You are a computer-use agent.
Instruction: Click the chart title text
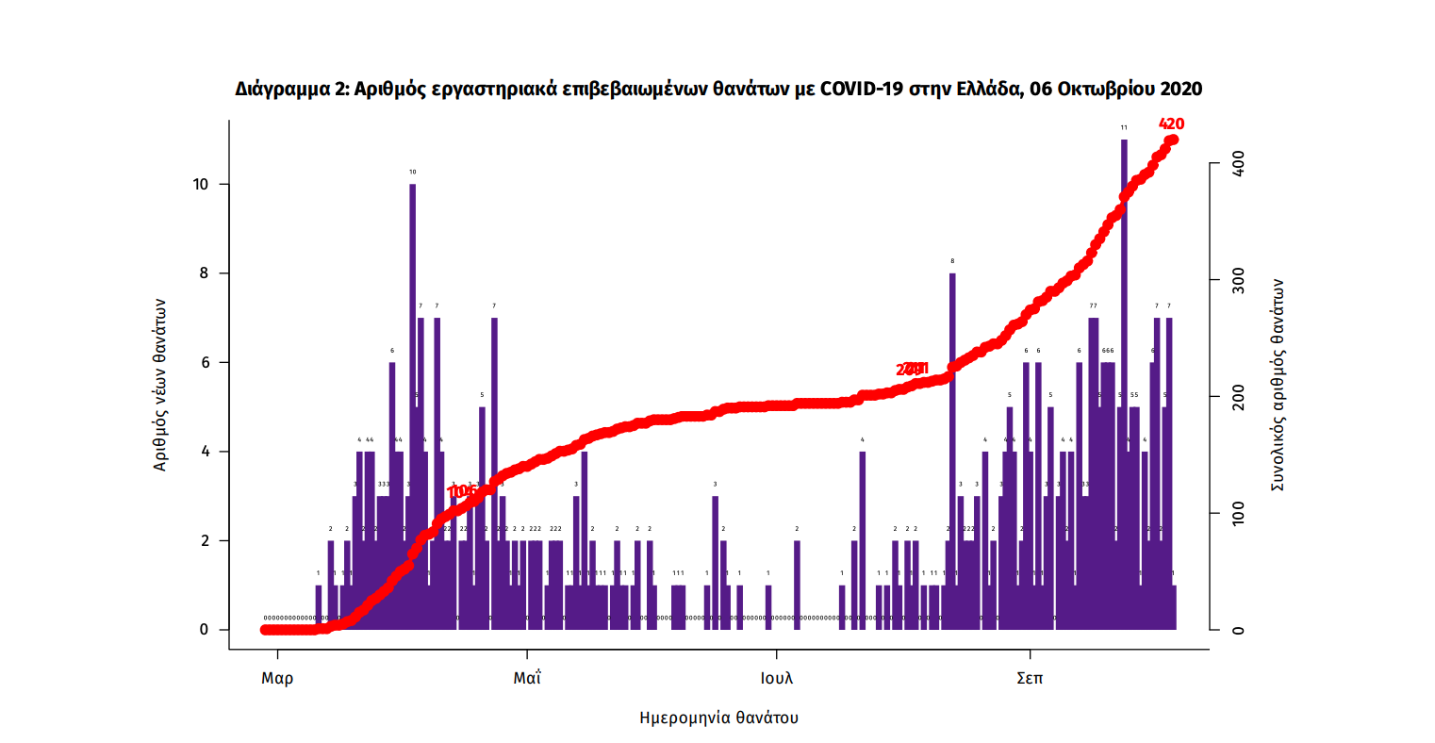(718, 89)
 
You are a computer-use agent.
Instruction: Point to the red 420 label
(1171, 124)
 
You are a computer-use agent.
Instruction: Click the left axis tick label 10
(200, 184)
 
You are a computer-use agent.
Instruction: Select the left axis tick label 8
(204, 273)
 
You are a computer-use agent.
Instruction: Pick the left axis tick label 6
(204, 362)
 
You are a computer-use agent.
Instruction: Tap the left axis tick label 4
(204, 452)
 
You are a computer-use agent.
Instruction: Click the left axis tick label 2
(204, 540)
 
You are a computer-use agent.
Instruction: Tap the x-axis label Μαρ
(277, 678)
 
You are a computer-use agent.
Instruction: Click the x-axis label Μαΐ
(527, 678)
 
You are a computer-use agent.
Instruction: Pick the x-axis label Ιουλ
(777, 678)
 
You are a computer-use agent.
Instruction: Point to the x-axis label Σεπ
(1030, 678)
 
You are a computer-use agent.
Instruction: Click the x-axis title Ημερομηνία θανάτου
(718, 718)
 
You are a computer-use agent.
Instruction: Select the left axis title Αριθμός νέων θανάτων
(160, 385)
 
